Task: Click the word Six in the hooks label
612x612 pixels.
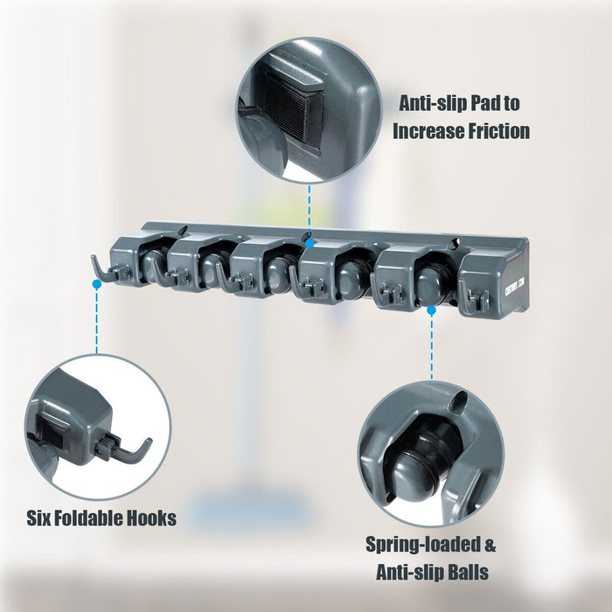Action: coord(42,518)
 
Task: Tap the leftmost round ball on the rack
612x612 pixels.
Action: coord(154,263)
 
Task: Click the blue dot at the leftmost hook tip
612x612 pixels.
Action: coord(94,282)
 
